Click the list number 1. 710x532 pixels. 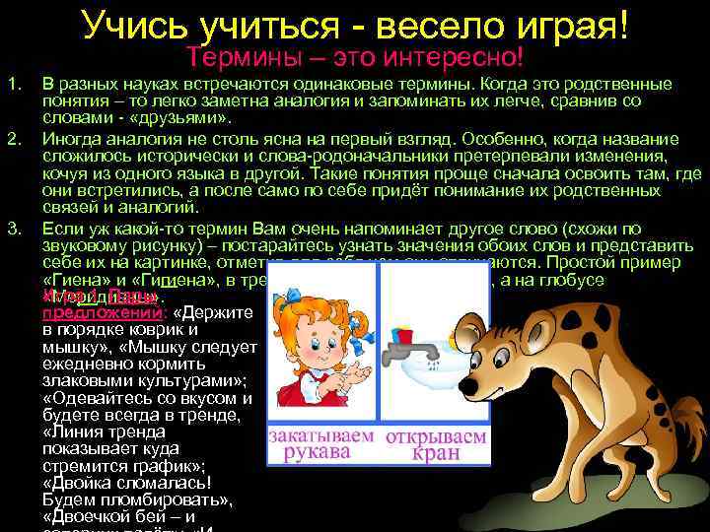click(x=13, y=85)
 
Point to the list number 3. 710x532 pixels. click(x=13, y=230)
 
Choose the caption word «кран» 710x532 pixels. click(x=436, y=454)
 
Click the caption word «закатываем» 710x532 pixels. click(x=322, y=435)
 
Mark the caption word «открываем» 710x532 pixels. click(x=436, y=435)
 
